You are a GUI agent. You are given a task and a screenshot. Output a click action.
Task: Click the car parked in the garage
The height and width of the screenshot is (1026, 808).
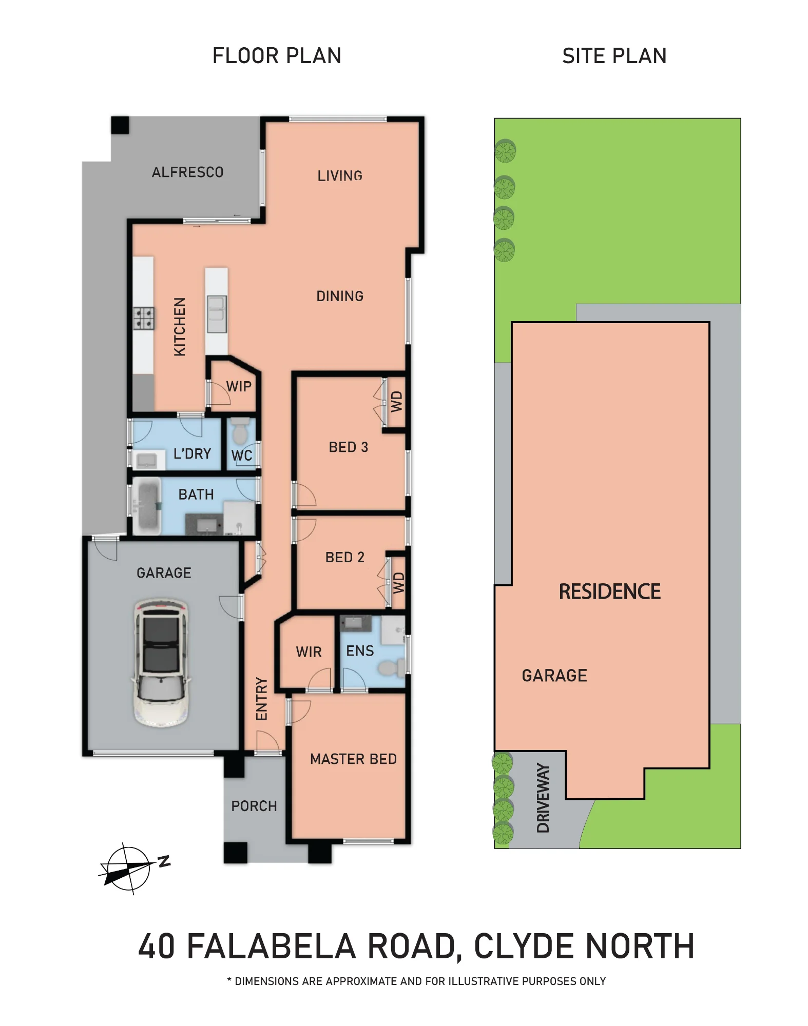(161, 662)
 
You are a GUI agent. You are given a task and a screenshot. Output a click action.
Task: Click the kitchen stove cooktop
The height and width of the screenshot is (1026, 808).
(143, 318)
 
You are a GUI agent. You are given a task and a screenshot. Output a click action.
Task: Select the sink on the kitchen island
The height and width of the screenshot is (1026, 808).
(216, 314)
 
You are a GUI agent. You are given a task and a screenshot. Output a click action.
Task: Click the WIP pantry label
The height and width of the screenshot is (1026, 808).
(239, 386)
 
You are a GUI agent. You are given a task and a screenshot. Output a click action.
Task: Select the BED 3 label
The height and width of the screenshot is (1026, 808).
(349, 447)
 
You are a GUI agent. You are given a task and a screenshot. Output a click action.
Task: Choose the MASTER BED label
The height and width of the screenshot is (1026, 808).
(353, 759)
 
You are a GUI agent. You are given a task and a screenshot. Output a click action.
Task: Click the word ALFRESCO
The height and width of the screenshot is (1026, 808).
(187, 172)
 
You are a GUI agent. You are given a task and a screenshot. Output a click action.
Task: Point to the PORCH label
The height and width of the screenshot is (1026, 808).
(254, 806)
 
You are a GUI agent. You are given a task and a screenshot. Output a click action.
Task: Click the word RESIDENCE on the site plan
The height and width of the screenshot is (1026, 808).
(610, 592)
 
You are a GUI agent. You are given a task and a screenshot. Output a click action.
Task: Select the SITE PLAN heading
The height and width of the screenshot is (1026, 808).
(614, 56)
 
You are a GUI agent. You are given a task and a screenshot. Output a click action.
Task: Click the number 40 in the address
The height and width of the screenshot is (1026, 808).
(157, 946)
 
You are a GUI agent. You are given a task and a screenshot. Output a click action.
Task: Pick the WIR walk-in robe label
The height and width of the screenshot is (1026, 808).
(309, 652)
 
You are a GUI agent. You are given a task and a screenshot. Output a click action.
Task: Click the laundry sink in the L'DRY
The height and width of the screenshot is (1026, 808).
(146, 460)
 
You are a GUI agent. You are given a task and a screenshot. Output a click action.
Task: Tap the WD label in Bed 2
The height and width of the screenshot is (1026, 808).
(399, 583)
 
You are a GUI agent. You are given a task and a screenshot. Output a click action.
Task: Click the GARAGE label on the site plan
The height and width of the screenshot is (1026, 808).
(554, 676)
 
